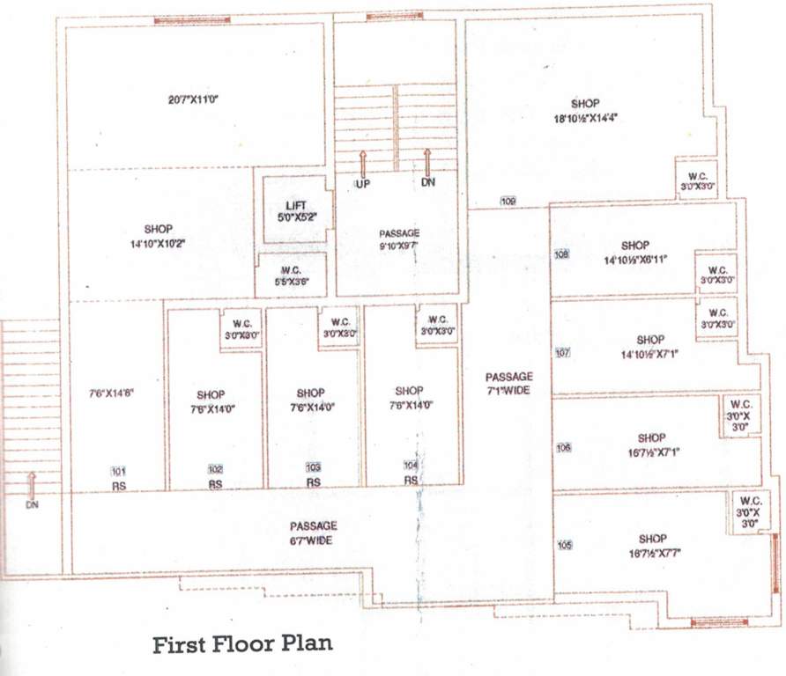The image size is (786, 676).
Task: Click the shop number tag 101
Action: (x=118, y=470)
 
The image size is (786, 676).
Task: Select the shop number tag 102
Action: (x=215, y=469)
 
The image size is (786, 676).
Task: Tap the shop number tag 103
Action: (x=313, y=467)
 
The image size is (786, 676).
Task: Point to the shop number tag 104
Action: (x=411, y=465)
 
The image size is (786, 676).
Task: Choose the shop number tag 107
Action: (x=563, y=353)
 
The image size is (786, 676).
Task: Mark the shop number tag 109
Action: (x=508, y=202)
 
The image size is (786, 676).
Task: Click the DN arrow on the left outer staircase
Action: (x=32, y=484)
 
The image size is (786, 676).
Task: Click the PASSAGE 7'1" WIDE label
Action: (x=508, y=383)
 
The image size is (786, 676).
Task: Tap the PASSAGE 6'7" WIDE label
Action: (x=312, y=533)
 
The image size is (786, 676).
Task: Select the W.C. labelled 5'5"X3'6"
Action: (x=292, y=276)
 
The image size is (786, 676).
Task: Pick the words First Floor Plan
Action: (x=242, y=644)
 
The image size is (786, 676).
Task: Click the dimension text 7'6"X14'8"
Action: (x=110, y=393)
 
